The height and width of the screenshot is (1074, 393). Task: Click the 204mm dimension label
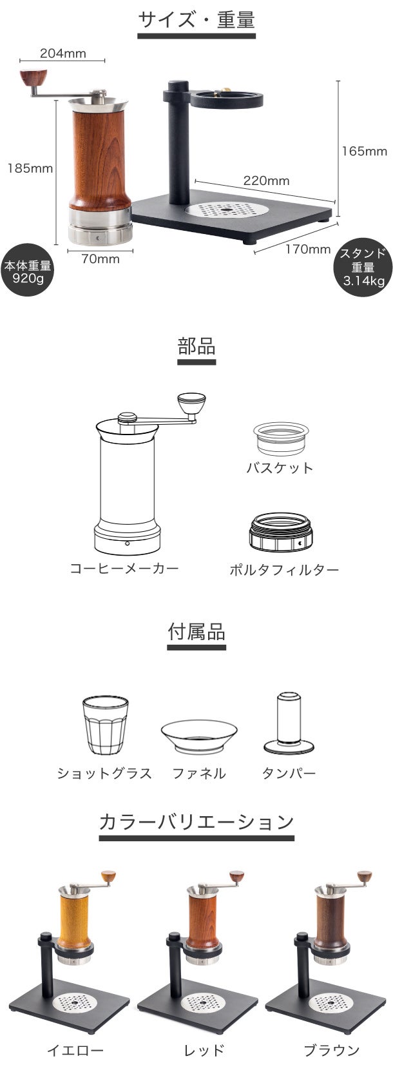point(62,54)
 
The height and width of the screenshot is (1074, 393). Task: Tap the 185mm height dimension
point(30,168)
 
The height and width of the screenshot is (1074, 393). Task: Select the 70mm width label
point(101,259)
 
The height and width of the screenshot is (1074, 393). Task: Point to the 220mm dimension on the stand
point(265,181)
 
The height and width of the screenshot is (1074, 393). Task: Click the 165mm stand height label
point(364,151)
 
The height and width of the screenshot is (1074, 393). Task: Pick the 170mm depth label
point(307,249)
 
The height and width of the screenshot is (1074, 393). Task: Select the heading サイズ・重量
point(196,20)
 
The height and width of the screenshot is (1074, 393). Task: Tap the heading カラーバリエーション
point(196,821)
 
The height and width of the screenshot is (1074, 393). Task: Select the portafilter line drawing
point(281,533)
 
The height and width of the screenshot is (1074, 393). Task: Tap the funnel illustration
point(198,735)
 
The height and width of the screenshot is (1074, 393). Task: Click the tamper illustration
point(288,723)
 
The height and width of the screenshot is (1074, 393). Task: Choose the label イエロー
point(75,1050)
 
